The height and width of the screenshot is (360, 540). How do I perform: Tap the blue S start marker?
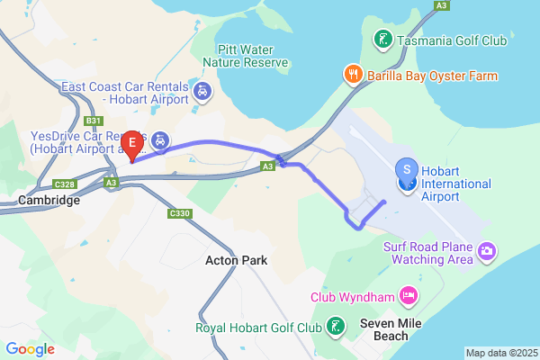click(407, 169)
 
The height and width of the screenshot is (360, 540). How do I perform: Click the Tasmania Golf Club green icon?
click(382, 40)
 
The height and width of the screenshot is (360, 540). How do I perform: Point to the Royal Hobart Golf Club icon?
click(336, 327)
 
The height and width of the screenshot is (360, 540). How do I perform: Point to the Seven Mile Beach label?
click(385, 330)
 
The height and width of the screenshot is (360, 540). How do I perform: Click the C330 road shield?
click(179, 213)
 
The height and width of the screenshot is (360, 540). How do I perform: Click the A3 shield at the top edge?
click(441, 5)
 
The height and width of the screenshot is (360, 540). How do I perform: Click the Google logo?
click(30, 348)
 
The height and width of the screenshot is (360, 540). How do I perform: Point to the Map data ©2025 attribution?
click(500, 353)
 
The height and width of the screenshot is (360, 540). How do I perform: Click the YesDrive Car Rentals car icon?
click(159, 140)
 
